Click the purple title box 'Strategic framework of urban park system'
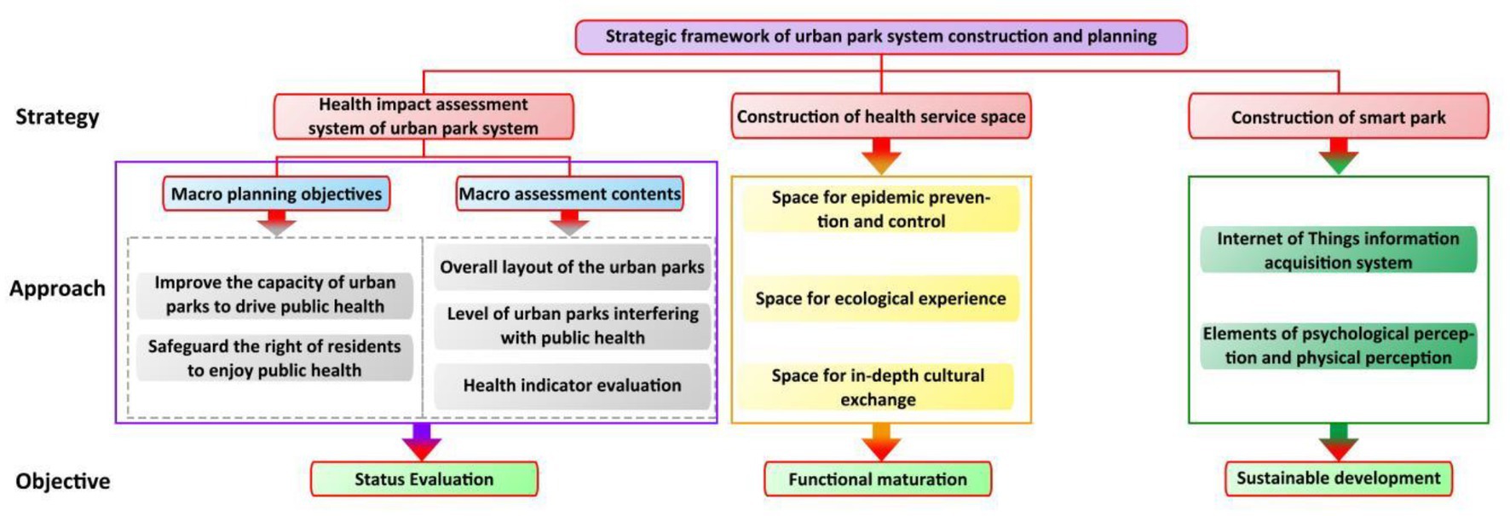(881, 37)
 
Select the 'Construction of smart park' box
(1338, 117)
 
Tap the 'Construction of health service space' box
(881, 117)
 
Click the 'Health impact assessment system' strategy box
(424, 117)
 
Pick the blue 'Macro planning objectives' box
(277, 194)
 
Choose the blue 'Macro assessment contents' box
(570, 194)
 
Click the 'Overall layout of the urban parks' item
(573, 267)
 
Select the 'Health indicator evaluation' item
(573, 386)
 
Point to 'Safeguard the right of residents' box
(274, 358)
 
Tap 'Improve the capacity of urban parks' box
(274, 294)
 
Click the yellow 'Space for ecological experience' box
(881, 299)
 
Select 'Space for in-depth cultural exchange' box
(879, 387)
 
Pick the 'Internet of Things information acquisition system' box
(1338, 250)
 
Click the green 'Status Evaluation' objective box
(424, 479)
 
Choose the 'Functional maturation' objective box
(878, 479)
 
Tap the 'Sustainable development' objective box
(1339, 478)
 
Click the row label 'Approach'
(57, 288)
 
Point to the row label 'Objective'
(63, 481)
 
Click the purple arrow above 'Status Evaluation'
(422, 442)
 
